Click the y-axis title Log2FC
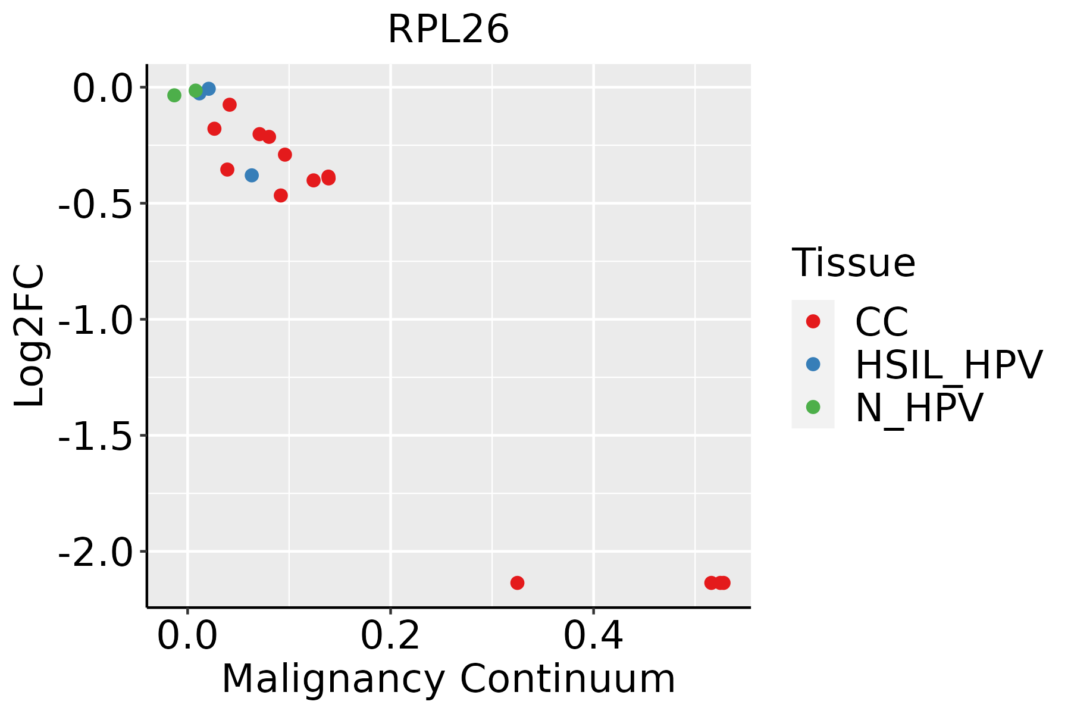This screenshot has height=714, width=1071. click(30, 335)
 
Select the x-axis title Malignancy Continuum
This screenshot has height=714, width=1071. click(448, 679)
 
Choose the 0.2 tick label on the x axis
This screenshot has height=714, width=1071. click(390, 636)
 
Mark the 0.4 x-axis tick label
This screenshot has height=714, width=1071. click(593, 636)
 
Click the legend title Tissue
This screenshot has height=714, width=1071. click(853, 262)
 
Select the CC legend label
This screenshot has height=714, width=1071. click(881, 322)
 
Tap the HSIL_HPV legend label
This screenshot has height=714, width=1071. click(948, 365)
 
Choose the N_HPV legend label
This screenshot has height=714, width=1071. click(919, 408)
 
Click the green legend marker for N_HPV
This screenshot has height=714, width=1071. click(813, 407)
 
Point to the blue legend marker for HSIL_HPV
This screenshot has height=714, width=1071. click(813, 364)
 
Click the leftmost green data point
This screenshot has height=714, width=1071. click(174, 95)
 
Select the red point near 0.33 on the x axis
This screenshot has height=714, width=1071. click(517, 583)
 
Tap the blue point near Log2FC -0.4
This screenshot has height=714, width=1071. click(252, 176)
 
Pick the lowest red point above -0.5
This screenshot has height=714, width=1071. click(281, 196)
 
